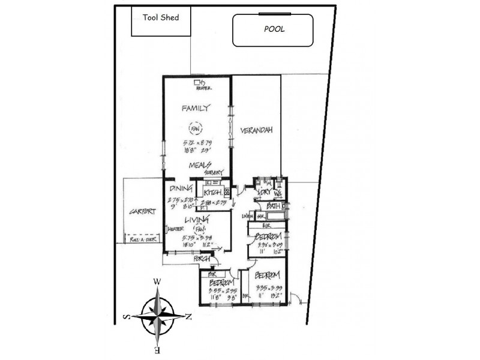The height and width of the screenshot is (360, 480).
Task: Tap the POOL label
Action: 274,29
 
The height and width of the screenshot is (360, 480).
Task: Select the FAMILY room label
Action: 196,109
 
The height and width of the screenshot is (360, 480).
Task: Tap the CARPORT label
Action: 142,212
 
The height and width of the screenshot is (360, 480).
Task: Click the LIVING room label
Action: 197,219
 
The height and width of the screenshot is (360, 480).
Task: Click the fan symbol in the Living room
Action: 198,230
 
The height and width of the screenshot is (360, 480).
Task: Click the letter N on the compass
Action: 188,316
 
